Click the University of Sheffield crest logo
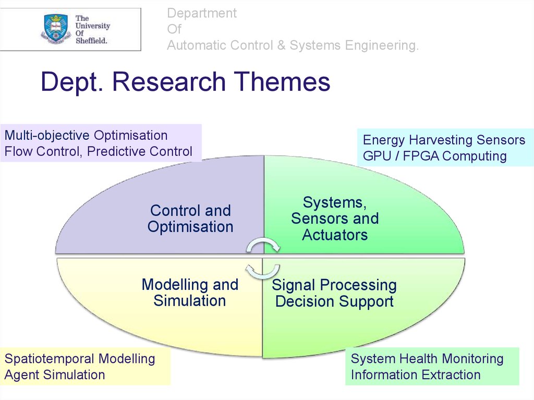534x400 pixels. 56,29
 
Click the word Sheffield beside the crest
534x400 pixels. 91,40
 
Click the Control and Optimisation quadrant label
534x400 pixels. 190,219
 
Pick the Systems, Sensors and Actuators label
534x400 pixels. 335,219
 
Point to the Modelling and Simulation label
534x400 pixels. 190,293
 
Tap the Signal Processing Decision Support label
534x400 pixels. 334,293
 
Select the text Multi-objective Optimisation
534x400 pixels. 86,136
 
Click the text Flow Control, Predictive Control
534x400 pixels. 99,152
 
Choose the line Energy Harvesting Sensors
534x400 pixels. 444,140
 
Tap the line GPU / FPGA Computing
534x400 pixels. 434,156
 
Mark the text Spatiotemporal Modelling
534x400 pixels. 80,359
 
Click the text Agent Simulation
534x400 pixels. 55,374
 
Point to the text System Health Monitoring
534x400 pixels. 427,359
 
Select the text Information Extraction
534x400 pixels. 416,374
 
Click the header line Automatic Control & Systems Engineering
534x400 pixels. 293,45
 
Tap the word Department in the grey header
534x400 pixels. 202,13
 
